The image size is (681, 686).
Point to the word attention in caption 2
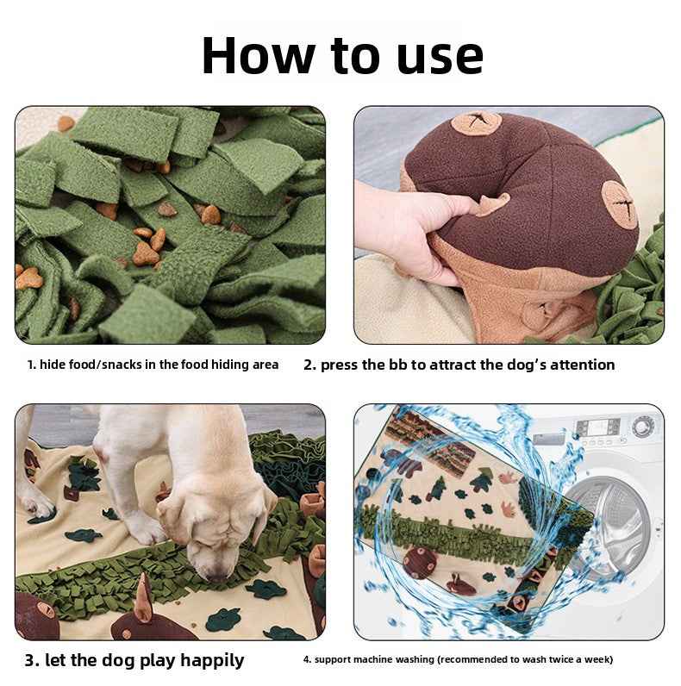pyautogui.click(x=578, y=365)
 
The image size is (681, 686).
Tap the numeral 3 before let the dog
pyautogui.click(x=30, y=661)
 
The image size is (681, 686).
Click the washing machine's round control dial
pyautogui.click(x=642, y=426)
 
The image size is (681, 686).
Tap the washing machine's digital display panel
pyautogui.click(x=595, y=427)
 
